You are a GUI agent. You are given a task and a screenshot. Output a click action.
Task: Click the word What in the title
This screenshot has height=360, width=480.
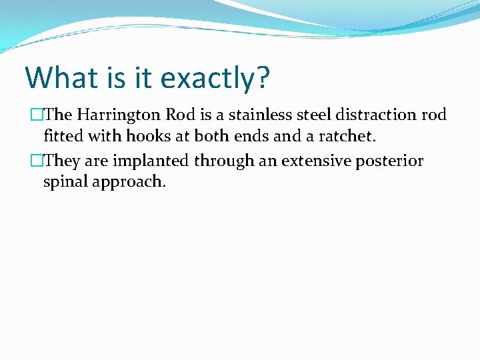pyautogui.click(x=60, y=77)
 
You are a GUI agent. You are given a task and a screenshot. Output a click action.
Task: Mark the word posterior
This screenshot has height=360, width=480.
pyautogui.click(x=391, y=161)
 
